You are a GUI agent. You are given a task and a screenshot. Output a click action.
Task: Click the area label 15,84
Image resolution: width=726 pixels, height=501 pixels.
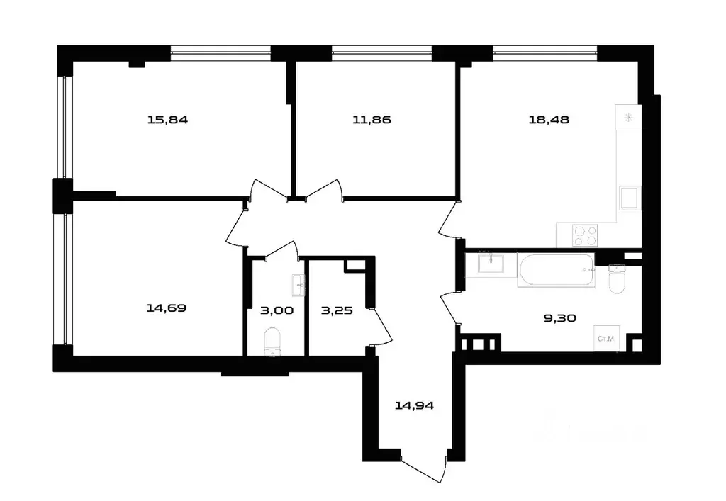[x=167, y=120]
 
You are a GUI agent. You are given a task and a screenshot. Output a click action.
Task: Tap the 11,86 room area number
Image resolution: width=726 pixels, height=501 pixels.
[x=372, y=120]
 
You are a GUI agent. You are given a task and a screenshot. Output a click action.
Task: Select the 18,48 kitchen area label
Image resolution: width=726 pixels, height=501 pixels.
[x=549, y=120]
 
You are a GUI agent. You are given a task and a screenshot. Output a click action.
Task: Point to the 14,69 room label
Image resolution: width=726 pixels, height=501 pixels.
[x=167, y=308]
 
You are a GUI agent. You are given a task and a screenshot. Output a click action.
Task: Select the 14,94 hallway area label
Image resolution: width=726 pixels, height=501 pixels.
[x=414, y=406]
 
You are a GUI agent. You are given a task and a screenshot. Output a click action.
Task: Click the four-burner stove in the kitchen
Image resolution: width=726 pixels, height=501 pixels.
[x=586, y=235]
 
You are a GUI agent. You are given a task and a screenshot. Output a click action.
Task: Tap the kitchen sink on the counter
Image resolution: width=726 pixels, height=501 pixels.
[x=630, y=199]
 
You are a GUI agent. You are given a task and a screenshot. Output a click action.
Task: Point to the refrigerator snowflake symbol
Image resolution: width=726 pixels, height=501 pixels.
[x=627, y=118]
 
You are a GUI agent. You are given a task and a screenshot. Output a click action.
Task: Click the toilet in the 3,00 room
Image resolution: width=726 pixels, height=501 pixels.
[x=272, y=342]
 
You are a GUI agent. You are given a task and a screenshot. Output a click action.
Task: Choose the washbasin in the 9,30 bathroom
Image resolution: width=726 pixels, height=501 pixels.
[x=491, y=264]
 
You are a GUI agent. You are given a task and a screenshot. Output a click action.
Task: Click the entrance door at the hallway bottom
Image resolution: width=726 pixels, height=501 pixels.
[x=424, y=469]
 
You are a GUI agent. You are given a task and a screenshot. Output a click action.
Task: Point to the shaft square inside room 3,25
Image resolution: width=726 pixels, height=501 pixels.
[x=353, y=265]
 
